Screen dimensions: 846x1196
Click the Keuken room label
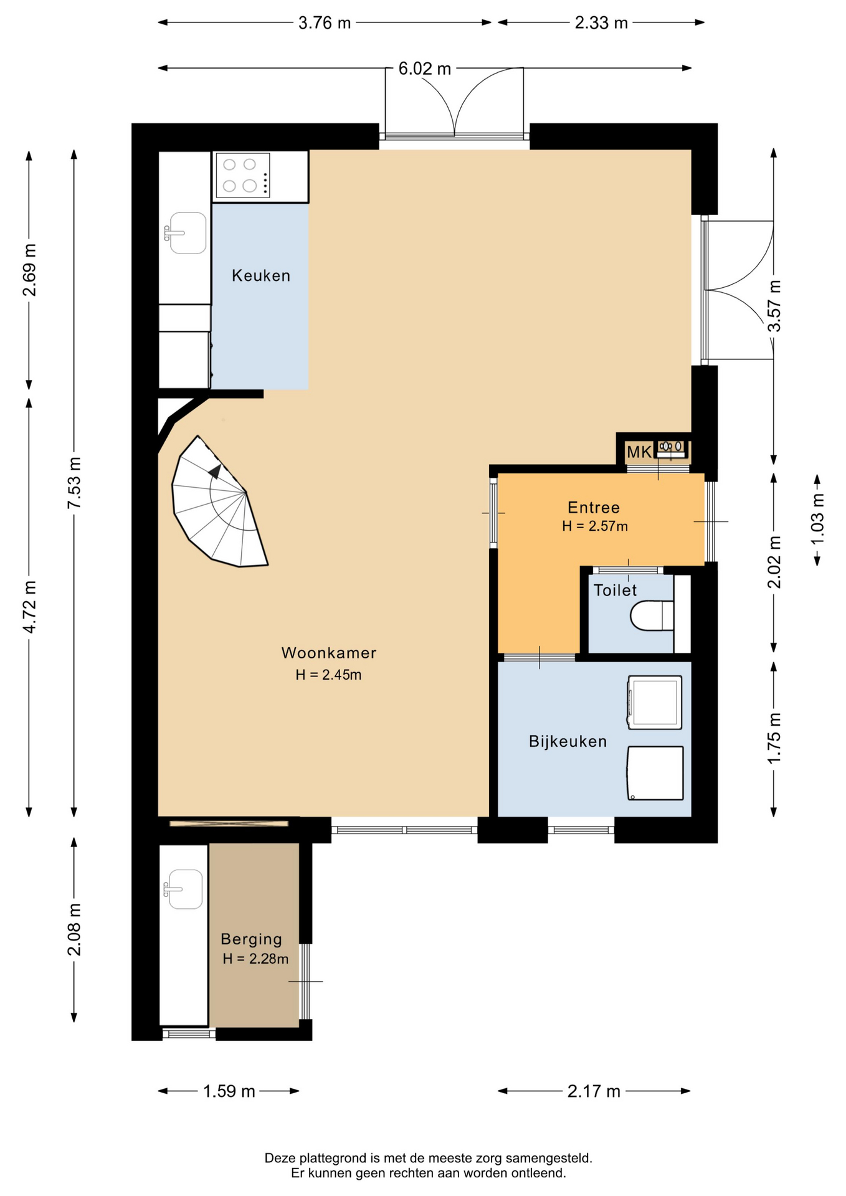(261, 275)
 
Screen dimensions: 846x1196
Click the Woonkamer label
(329, 653)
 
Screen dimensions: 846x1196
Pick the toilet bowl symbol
(652, 615)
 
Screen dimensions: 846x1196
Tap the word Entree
(594, 507)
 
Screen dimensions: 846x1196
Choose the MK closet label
(639, 452)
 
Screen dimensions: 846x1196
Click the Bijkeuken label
(568, 741)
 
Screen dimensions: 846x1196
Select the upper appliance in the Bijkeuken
(655, 702)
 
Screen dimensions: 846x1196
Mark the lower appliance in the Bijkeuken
(655, 773)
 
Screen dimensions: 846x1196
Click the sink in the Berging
(183, 889)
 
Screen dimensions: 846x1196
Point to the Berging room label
(252, 939)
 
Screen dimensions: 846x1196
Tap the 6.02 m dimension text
(424, 69)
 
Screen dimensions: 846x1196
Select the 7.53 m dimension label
(74, 483)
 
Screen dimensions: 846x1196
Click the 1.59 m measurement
(229, 1091)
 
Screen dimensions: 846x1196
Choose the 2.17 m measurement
(594, 1091)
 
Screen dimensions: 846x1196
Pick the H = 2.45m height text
(328, 675)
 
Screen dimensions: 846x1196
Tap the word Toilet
(615, 590)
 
